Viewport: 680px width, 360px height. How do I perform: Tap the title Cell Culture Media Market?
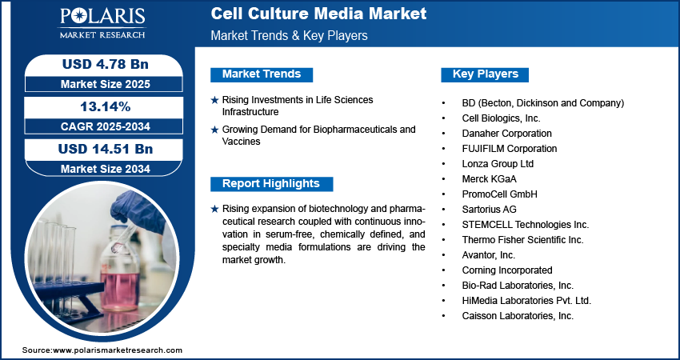318,14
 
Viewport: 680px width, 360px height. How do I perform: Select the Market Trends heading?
262,74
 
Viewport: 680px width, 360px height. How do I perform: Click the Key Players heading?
486,74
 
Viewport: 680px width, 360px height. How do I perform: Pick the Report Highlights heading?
270,184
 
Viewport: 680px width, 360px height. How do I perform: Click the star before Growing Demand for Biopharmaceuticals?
214,129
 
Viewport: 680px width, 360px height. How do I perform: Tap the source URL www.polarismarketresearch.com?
117,350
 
